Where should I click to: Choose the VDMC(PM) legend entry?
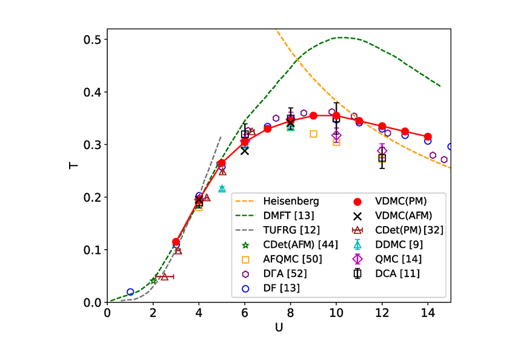click(397, 201)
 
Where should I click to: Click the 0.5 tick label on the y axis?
click(92, 40)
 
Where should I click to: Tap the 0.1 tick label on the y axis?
click(92, 250)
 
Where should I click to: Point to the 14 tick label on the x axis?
click(428, 313)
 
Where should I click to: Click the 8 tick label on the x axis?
click(290, 313)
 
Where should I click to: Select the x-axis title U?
click(279, 328)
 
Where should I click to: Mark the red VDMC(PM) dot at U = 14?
click(428, 137)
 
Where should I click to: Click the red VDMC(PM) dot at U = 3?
click(176, 242)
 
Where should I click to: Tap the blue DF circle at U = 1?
click(130, 292)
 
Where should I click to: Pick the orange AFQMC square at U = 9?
click(313, 134)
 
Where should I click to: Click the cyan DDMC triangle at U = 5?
click(222, 188)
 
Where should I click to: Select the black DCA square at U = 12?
click(382, 158)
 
